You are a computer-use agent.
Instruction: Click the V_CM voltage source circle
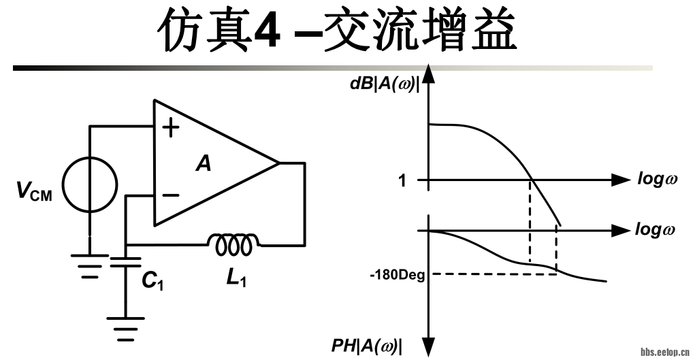88,184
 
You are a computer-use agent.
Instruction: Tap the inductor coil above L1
233,243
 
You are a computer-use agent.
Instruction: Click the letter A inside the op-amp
202,164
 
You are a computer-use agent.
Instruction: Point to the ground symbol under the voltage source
89,266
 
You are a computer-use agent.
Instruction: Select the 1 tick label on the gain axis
402,181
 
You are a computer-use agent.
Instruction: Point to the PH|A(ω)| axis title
367,346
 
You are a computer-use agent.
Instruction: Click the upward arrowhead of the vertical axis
428,72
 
